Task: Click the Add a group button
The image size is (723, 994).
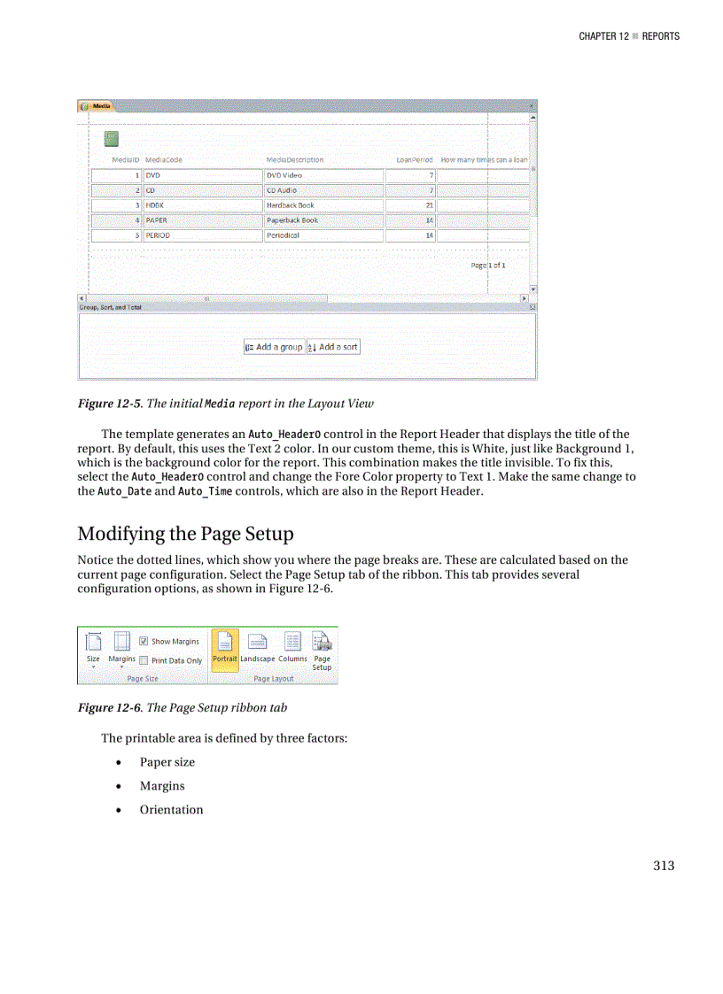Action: pyautogui.click(x=274, y=347)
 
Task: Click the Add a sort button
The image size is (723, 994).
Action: pyautogui.click(x=333, y=347)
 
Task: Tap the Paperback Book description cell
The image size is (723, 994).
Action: pyautogui.click(x=323, y=220)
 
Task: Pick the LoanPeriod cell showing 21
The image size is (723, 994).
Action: pyautogui.click(x=410, y=205)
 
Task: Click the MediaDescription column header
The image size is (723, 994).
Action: pyautogui.click(x=295, y=160)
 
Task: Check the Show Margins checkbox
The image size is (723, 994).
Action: pyautogui.click(x=144, y=642)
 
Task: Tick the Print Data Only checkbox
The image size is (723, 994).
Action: pyautogui.click(x=144, y=660)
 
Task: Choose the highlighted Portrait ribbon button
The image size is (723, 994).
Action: pyautogui.click(x=225, y=650)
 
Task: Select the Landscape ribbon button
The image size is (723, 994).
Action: pyautogui.click(x=258, y=650)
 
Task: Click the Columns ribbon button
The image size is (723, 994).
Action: pyautogui.click(x=292, y=650)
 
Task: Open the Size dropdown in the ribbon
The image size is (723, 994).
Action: pyautogui.click(x=93, y=650)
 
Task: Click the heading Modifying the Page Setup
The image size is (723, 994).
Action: pyautogui.click(x=185, y=535)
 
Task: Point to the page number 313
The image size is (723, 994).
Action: pyautogui.click(x=664, y=866)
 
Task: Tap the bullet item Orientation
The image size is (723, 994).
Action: pyautogui.click(x=171, y=810)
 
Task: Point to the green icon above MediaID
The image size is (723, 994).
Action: pyautogui.click(x=112, y=138)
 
